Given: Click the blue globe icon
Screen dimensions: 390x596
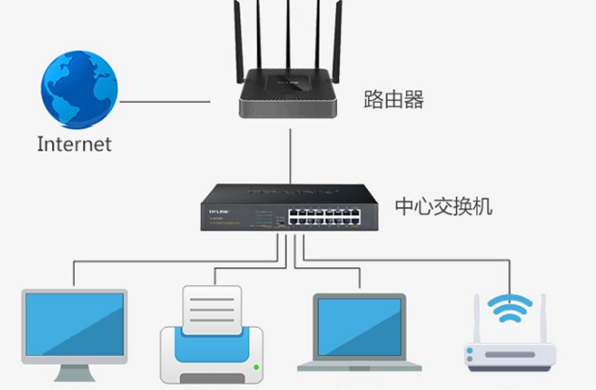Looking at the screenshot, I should coord(78,88).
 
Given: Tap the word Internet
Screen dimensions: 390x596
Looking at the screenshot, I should coord(75,144).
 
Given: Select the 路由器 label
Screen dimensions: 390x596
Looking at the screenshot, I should coord(393,98).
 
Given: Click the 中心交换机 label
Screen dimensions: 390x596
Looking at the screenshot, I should coord(444,207).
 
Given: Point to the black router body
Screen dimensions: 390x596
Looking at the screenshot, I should coord(289,96).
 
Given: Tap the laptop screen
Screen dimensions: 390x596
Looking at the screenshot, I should coord(360,323).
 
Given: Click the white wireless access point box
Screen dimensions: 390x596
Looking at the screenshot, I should coord(510,355).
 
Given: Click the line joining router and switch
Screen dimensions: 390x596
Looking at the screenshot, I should coord(289,153).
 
